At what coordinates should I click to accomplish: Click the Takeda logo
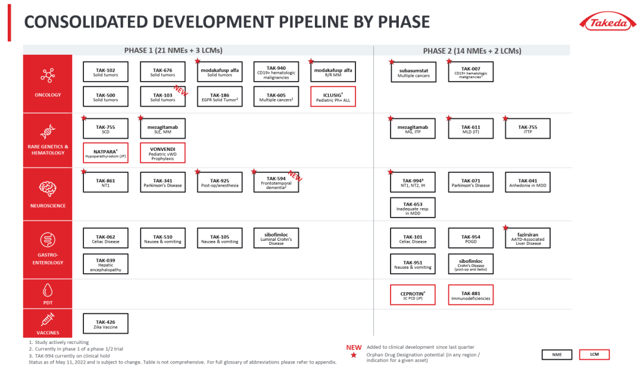(608, 23)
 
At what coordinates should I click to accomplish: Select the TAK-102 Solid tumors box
(105, 72)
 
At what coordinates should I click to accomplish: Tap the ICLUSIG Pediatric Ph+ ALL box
(333, 97)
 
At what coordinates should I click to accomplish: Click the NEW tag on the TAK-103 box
(180, 91)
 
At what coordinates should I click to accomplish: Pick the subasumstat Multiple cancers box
(413, 72)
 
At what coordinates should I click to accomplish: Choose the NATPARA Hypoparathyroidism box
(105, 153)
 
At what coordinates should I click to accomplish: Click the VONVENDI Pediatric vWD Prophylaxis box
(163, 153)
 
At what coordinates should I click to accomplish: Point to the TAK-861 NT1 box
(105, 182)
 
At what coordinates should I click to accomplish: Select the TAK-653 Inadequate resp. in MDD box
(413, 208)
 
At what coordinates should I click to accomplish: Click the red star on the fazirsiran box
(505, 228)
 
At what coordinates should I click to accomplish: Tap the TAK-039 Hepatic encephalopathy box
(105, 264)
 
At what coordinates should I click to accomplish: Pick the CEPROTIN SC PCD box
(413, 295)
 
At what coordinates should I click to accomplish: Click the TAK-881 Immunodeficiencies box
(471, 295)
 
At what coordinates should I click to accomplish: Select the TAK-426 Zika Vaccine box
(105, 324)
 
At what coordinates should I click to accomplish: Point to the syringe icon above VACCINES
(48, 319)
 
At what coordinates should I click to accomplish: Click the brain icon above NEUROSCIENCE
(48, 188)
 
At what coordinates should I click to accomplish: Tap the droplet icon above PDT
(48, 290)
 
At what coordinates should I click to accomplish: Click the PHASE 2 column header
(472, 51)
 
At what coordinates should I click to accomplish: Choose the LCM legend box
(594, 355)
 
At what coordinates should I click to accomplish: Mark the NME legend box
(557, 355)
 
